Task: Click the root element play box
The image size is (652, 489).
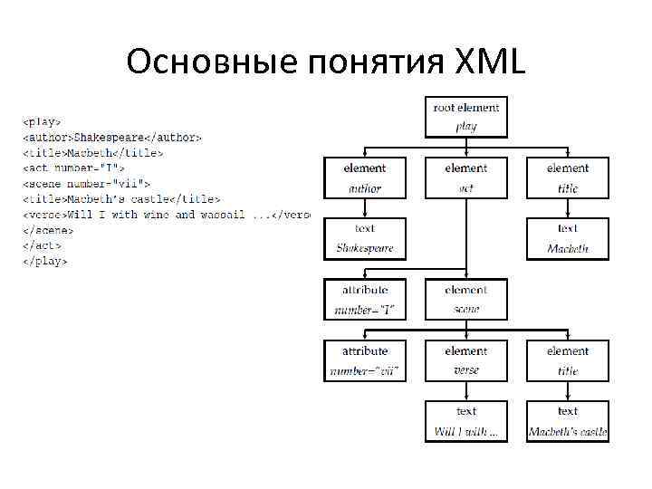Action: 466,117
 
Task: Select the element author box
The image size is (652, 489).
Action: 364,178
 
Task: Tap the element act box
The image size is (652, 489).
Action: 466,178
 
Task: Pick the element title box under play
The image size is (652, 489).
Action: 568,178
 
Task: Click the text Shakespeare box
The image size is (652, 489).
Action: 364,238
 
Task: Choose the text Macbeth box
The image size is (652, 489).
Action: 568,238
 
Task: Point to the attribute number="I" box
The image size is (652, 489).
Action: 364,300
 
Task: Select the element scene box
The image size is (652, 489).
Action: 466,300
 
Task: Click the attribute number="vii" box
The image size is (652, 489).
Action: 364,360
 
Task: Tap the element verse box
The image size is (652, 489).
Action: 466,360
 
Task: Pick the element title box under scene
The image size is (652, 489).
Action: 568,360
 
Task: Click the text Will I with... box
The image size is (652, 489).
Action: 466,421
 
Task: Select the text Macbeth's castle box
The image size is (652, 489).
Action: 568,421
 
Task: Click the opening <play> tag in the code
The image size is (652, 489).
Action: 43,120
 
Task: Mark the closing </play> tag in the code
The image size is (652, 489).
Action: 45,262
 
